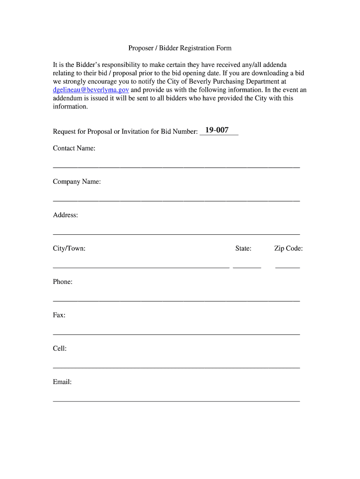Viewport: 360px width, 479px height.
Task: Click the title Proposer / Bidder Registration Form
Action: point(180,48)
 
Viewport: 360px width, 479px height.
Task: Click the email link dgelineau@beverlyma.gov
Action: point(91,90)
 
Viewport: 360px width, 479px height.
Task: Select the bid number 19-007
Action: point(216,130)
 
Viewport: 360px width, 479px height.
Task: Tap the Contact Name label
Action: point(74,148)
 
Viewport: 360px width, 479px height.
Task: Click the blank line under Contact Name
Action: point(176,167)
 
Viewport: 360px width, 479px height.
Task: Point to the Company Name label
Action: point(77,181)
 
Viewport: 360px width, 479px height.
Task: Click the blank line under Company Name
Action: point(176,200)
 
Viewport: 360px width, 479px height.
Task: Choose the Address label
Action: point(65,215)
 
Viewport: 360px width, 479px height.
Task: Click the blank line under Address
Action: point(176,233)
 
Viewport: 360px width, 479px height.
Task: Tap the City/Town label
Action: point(69,248)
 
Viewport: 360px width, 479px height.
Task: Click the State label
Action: point(243,248)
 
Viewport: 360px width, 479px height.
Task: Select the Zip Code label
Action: point(288,248)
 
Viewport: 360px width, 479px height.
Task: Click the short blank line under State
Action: point(247,267)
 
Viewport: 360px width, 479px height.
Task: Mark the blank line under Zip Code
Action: point(288,267)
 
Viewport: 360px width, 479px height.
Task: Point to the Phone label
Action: point(63,282)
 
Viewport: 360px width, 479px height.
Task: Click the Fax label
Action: point(59,315)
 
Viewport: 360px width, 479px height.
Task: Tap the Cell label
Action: point(60,348)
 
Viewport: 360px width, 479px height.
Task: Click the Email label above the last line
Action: point(62,382)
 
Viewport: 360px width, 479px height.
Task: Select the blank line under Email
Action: point(176,401)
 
